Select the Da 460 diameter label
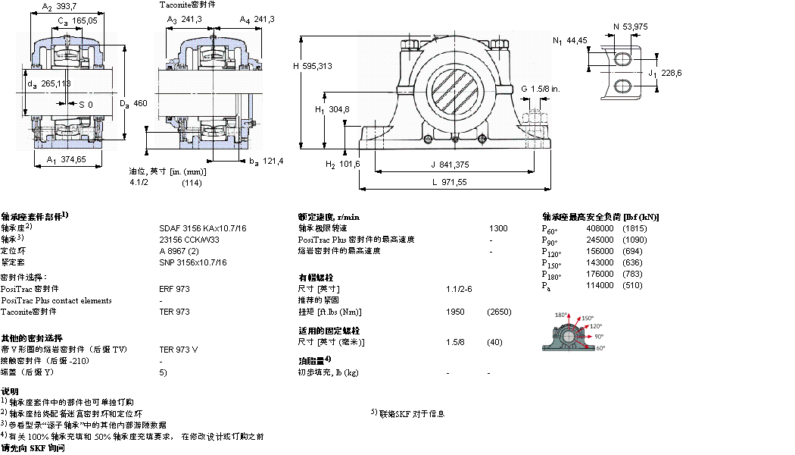click(x=133, y=103)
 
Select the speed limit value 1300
click(x=498, y=228)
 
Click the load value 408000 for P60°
click(x=600, y=228)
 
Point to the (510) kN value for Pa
click(x=631, y=285)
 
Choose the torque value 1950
click(x=456, y=312)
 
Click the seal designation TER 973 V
click(x=179, y=350)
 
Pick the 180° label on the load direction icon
click(x=561, y=315)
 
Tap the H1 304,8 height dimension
click(x=332, y=110)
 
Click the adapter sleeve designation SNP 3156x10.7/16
click(x=193, y=262)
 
